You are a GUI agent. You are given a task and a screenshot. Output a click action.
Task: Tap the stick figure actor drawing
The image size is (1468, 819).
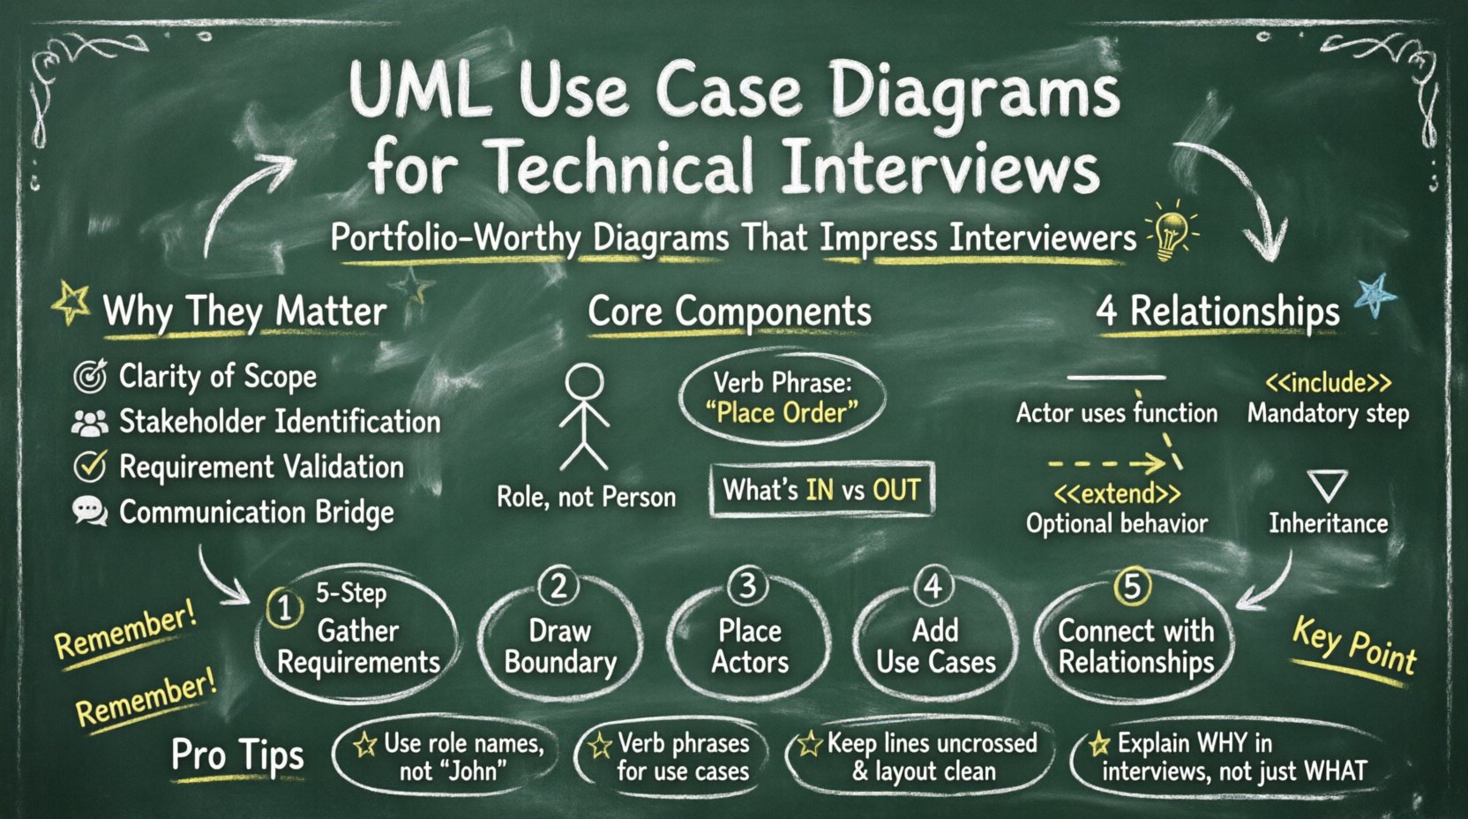(584, 417)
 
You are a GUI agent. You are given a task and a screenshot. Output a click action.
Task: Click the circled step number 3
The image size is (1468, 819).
(747, 586)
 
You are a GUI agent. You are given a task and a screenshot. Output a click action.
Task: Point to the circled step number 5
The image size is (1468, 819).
(1133, 586)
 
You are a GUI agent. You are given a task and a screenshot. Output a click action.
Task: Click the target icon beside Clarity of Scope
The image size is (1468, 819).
(90, 376)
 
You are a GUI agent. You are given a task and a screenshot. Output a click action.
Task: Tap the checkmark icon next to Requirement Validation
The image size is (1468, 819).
(90, 466)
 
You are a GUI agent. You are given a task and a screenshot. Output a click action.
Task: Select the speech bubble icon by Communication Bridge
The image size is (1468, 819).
(90, 511)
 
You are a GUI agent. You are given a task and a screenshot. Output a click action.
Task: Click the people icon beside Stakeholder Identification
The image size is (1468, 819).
(90, 423)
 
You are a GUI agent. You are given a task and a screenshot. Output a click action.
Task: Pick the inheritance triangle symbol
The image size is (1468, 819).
(1327, 485)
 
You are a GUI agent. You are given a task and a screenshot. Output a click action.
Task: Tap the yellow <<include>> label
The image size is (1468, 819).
(1328, 383)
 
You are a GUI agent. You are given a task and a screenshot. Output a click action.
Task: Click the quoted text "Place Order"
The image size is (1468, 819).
(782, 412)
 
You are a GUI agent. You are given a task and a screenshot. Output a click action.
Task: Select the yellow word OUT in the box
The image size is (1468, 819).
(896, 490)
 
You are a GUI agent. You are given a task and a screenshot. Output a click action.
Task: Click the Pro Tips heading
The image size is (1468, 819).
(237, 755)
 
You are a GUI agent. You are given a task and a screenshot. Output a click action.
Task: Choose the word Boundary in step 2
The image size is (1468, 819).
(560, 662)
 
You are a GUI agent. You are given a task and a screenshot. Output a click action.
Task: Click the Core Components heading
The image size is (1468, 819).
(730, 312)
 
